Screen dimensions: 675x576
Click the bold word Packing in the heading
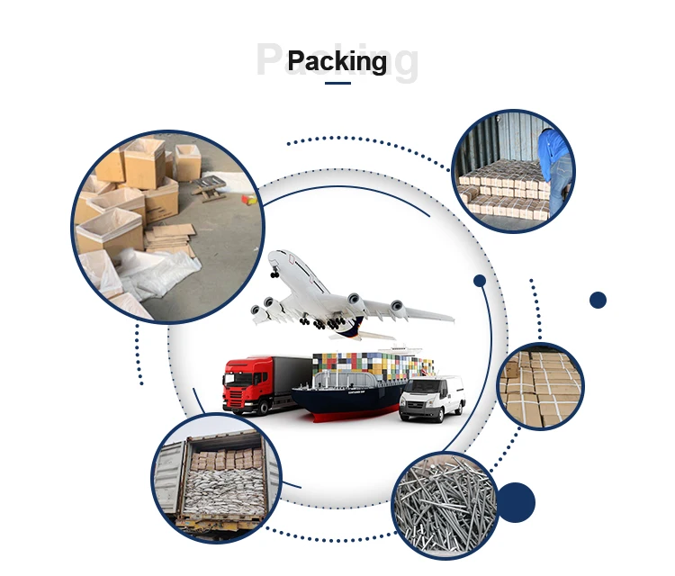pos(337,61)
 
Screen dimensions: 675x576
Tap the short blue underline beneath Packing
pos(337,84)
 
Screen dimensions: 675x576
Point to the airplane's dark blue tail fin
pos(353,325)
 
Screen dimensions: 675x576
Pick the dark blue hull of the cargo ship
pos(351,402)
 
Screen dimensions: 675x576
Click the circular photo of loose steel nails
pos(445,503)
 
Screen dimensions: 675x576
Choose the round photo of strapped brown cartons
pos(540,386)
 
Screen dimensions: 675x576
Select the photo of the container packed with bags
pos(216,476)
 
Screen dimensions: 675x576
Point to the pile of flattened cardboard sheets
pos(171,237)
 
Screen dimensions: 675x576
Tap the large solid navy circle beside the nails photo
pos(517,502)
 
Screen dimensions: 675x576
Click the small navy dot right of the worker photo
pos(598,300)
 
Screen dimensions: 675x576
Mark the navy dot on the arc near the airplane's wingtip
pos(480,281)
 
